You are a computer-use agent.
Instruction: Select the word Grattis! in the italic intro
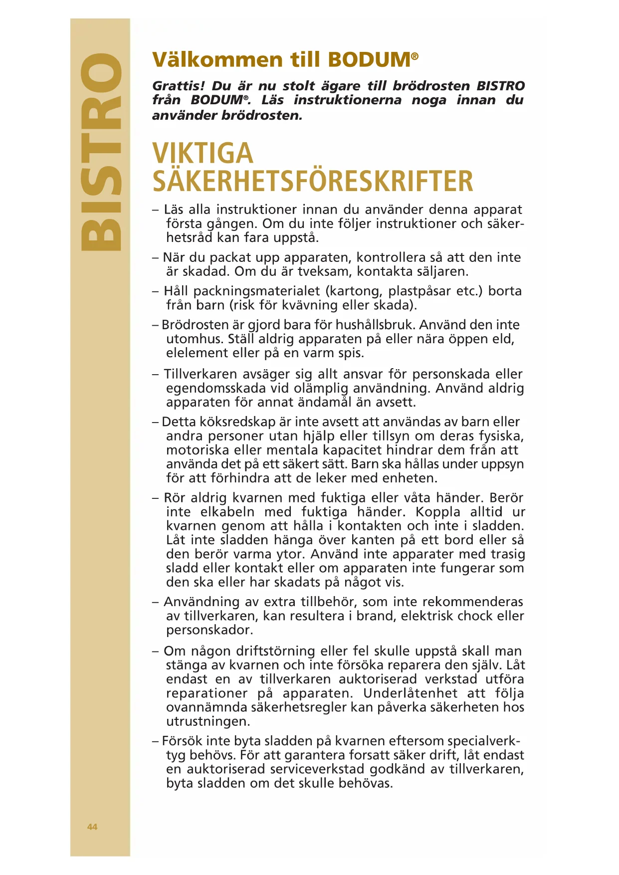tap(179, 86)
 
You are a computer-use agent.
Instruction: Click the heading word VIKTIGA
tap(203, 153)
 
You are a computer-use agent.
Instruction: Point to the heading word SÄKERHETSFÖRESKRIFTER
tap(312, 181)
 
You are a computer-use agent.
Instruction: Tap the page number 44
tap(92, 827)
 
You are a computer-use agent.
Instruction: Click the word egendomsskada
tap(216, 388)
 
